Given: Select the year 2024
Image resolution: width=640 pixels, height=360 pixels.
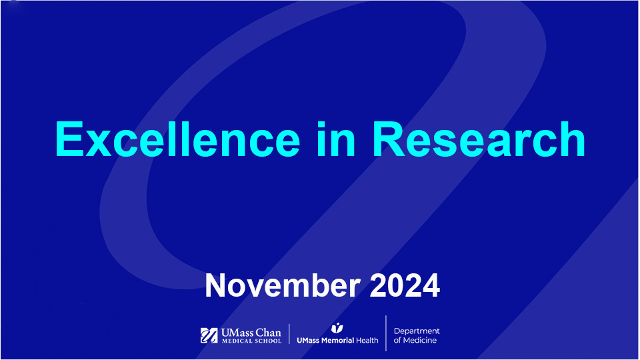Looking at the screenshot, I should (x=405, y=285).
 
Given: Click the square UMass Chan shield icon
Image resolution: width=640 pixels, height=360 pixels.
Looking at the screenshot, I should (x=209, y=335).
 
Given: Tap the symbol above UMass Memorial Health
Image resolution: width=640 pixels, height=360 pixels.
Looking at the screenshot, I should (x=337, y=328).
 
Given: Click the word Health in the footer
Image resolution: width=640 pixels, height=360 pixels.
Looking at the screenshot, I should (x=367, y=340).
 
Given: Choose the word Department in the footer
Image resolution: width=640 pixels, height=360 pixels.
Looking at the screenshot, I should (x=417, y=331).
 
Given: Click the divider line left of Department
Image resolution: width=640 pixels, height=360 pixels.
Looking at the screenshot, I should (x=386, y=333).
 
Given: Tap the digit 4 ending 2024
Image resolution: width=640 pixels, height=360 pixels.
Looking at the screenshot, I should (x=430, y=285).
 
